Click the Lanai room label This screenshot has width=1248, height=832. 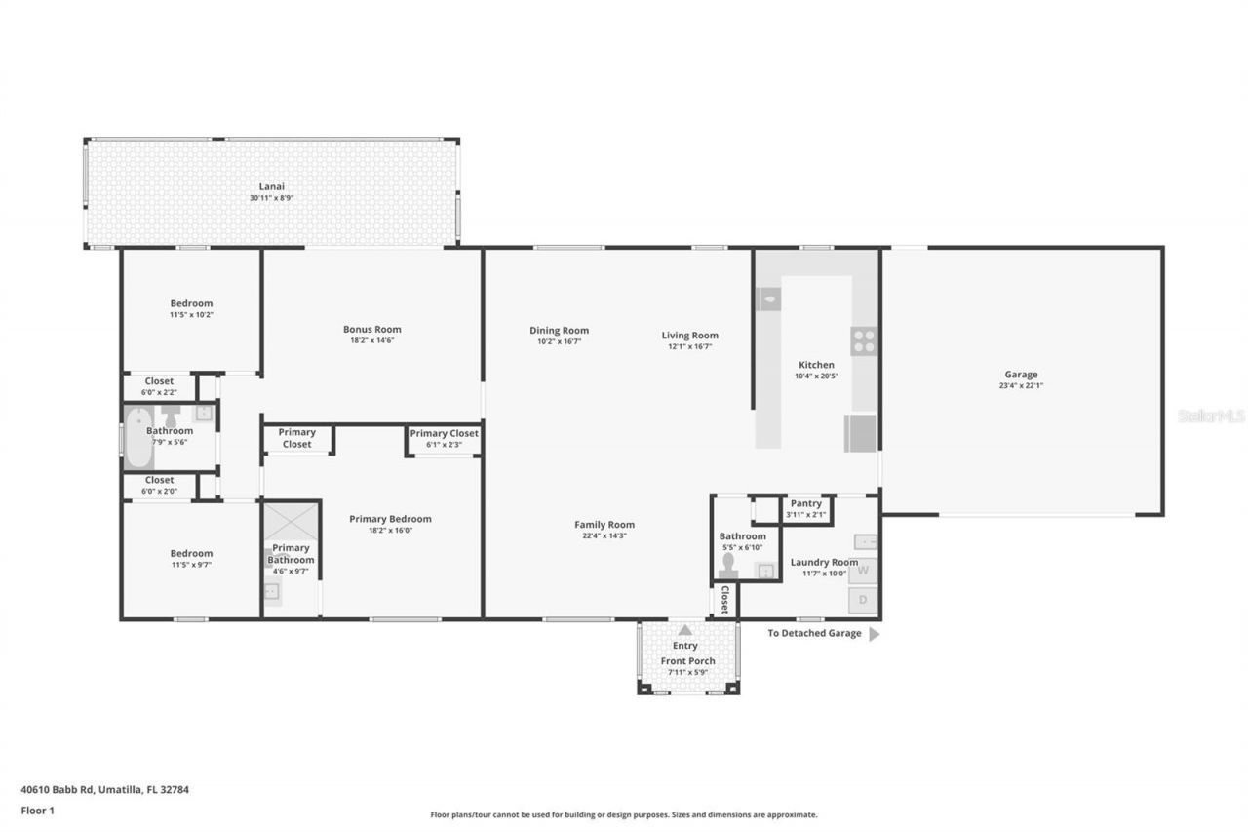click(271, 185)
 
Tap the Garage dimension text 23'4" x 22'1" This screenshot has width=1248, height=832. click(1021, 385)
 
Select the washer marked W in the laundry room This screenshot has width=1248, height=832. click(863, 571)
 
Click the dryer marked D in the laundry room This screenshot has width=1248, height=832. click(863, 600)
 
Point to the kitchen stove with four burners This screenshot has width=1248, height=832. click(864, 340)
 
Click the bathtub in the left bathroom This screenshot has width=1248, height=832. click(136, 438)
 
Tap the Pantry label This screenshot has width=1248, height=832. click(806, 503)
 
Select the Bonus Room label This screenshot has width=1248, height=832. click(371, 329)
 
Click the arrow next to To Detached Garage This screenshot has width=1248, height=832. click(874, 634)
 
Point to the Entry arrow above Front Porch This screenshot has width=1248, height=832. click(685, 630)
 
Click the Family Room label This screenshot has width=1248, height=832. click(604, 524)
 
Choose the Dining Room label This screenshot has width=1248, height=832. click(559, 330)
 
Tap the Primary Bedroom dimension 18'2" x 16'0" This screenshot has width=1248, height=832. click(390, 531)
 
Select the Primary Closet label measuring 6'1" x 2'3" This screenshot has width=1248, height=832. click(444, 434)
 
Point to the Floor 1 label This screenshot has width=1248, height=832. click(38, 810)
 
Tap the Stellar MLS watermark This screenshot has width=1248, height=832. click(1211, 416)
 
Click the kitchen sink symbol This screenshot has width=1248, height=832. click(768, 298)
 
